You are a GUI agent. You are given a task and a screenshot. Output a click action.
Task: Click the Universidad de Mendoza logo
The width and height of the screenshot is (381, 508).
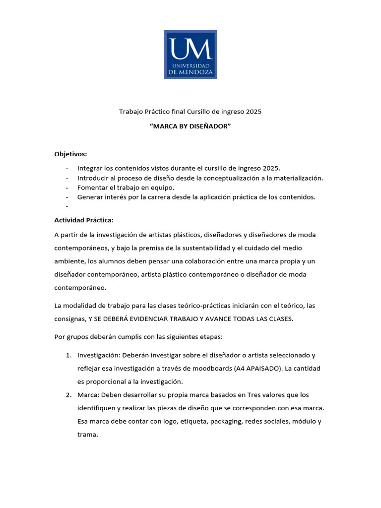190,54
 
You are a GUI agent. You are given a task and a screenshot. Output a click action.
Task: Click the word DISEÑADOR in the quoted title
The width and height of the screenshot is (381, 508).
209,127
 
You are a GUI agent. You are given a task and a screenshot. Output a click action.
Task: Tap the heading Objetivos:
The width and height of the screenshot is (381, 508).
70,154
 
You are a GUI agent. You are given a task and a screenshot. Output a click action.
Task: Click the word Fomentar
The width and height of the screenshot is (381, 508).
93,188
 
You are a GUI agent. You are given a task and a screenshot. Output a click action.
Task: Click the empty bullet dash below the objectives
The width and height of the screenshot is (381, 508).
66,206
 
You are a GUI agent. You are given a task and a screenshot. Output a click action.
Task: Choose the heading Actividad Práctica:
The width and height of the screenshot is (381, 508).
84,220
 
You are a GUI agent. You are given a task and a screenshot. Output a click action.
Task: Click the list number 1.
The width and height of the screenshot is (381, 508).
68,355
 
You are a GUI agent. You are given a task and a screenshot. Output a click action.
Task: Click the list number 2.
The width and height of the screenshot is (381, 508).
68,395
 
